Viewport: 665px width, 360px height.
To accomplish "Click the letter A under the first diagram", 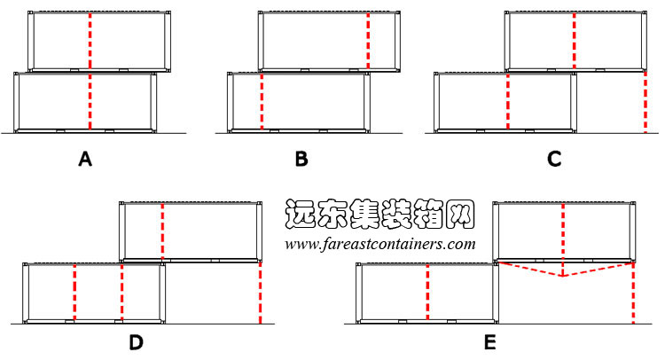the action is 85,159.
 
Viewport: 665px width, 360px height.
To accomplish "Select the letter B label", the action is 301,159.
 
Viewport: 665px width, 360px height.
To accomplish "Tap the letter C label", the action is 554,159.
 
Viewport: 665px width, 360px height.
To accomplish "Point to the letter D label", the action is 137,342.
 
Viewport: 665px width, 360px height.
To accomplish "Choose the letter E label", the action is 489,342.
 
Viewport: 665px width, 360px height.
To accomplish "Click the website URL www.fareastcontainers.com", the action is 380,244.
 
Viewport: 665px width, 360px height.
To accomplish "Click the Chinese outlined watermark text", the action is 379,214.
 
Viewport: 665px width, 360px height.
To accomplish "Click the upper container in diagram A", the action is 99,41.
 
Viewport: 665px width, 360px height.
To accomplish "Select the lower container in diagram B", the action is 299,102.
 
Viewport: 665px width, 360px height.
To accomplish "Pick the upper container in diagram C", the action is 575,41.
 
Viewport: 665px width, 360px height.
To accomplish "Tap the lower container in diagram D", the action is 94,293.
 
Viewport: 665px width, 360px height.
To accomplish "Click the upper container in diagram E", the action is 564,232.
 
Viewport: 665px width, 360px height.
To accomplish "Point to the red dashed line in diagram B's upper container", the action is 368,41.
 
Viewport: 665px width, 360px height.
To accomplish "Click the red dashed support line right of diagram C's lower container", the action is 645,102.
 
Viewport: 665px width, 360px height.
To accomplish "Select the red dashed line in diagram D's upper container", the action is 162,231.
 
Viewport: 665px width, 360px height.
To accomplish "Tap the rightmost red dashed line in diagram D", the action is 260,293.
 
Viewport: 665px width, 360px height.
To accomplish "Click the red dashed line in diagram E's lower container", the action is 427,292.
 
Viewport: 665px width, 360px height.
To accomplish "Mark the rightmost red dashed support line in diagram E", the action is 633,293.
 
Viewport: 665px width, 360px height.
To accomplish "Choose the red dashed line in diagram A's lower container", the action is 90,101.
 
